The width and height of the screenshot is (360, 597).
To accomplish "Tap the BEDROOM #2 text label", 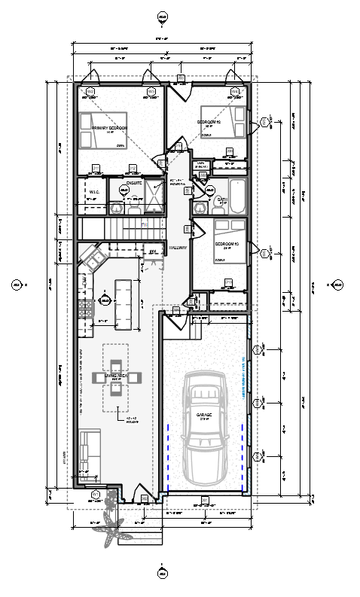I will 209,121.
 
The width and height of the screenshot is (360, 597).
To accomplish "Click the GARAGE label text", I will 204,416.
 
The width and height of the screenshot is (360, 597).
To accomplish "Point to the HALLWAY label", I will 178,246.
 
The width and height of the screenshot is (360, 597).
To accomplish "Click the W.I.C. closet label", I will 94,192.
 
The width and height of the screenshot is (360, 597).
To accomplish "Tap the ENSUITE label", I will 135,182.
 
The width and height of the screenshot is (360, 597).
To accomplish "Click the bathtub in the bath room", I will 236,194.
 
